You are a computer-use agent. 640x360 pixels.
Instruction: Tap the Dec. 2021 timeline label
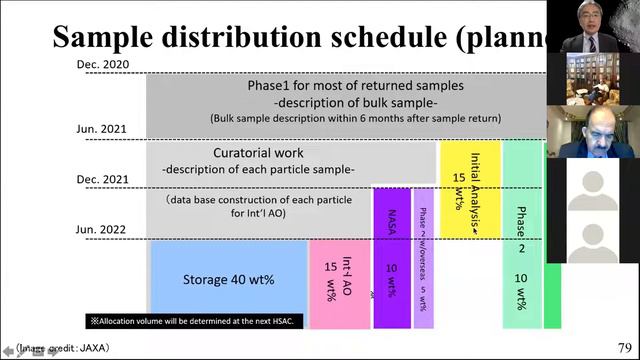click(x=102, y=179)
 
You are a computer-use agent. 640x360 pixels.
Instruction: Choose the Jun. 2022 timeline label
click(x=102, y=229)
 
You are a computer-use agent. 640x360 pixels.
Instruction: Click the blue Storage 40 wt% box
click(x=227, y=280)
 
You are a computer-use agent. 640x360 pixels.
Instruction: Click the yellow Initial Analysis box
click(x=470, y=189)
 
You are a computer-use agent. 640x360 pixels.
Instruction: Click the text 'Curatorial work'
click(x=258, y=153)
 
